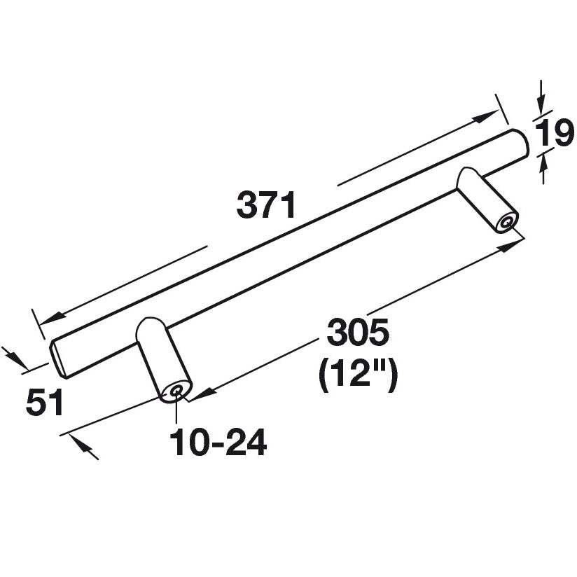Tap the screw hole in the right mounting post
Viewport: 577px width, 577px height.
[x=506, y=224]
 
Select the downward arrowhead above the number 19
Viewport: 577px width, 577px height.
[x=540, y=105]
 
